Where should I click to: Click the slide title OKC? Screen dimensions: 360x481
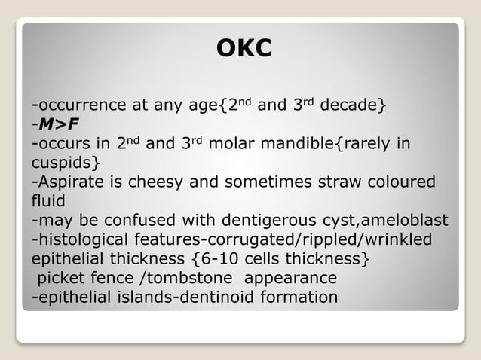244,49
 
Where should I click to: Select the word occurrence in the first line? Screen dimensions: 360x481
80,105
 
